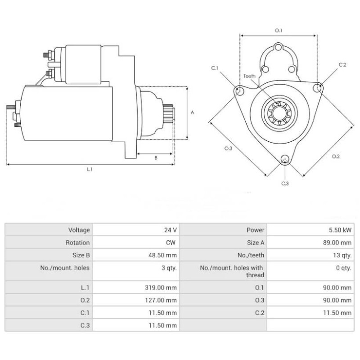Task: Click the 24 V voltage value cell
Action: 171,230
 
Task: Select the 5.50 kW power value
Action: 341,230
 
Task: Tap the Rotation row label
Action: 78,243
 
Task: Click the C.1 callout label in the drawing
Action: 215,68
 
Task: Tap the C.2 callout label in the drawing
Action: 342,65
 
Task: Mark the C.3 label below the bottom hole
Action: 285,183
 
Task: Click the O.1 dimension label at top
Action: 279,31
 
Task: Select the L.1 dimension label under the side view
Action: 90,170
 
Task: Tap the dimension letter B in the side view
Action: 156,158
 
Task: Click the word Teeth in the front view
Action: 250,76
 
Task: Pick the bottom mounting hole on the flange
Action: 284,159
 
